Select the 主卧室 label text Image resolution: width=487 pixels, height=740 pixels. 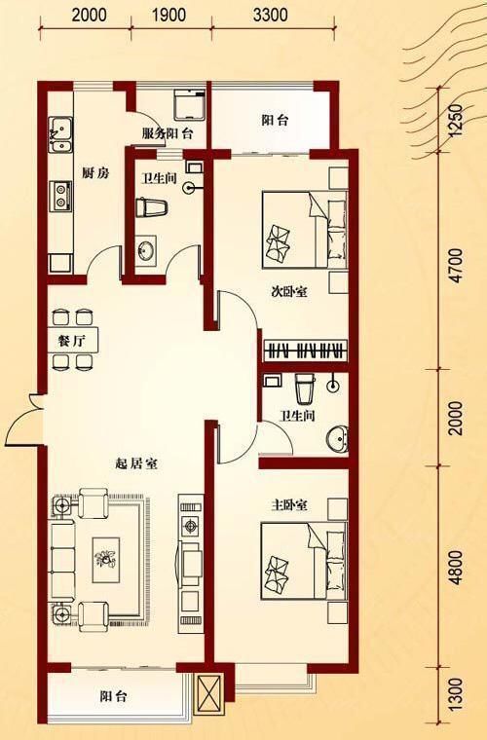[x=289, y=506]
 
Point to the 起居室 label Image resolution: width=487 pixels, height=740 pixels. [x=136, y=464]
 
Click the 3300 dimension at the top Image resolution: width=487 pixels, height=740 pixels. [x=270, y=15]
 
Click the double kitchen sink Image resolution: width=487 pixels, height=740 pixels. [x=60, y=129]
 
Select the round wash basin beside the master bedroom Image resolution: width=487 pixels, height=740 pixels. [x=337, y=438]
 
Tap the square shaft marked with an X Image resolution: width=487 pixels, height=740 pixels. [x=209, y=692]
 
